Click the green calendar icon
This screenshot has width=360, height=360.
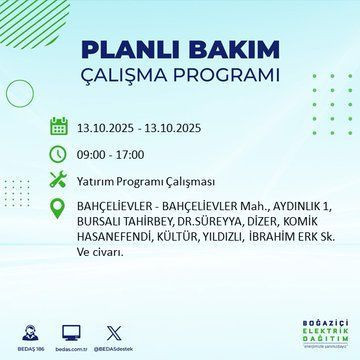click(59, 127)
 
